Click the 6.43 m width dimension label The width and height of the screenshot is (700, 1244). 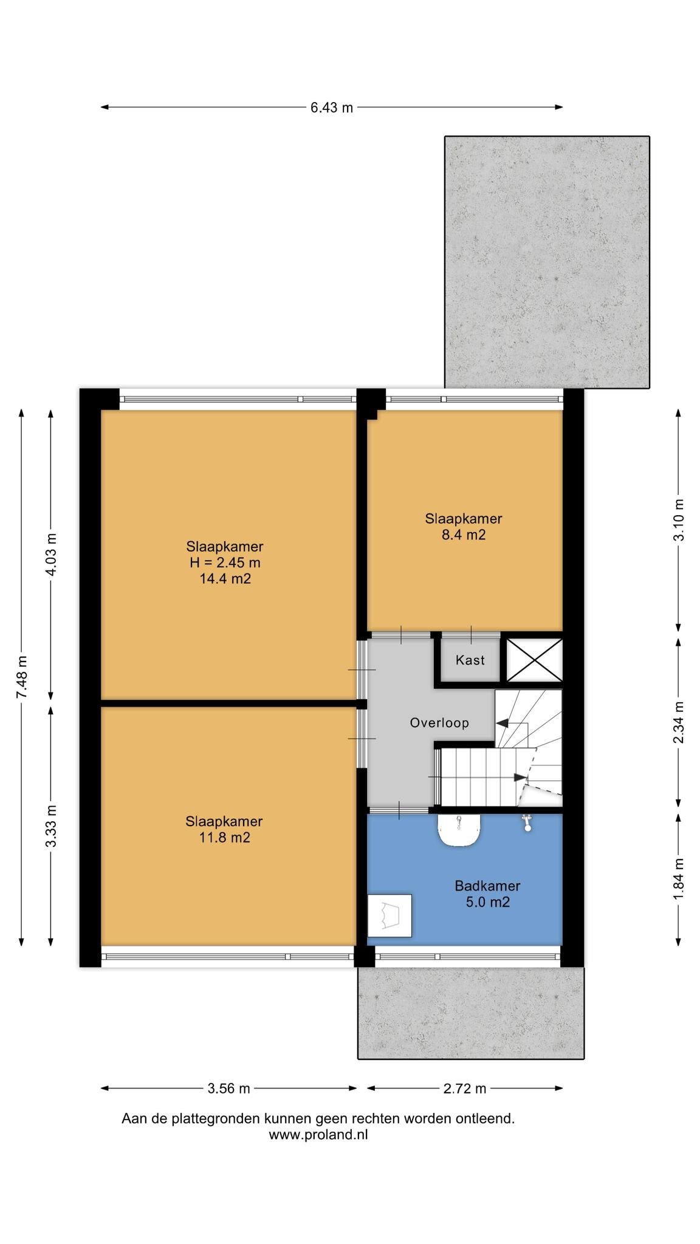(331, 108)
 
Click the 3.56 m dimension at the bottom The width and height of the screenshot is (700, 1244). (228, 1088)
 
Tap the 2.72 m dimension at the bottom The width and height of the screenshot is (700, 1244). (465, 1088)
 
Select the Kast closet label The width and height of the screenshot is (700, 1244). (470, 660)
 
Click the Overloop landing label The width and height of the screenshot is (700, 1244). (439, 723)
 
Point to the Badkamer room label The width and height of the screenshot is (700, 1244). (487, 886)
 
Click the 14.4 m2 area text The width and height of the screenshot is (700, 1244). (225, 579)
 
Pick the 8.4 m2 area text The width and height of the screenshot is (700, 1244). (464, 535)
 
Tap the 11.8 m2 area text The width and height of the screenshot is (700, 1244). (224, 838)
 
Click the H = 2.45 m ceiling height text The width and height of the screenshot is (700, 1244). (225, 562)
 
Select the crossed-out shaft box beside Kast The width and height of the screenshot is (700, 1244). (534, 660)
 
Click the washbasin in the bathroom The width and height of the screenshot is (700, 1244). (459, 830)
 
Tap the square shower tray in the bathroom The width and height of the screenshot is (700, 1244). (389, 915)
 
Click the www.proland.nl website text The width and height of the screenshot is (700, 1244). (318, 1134)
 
